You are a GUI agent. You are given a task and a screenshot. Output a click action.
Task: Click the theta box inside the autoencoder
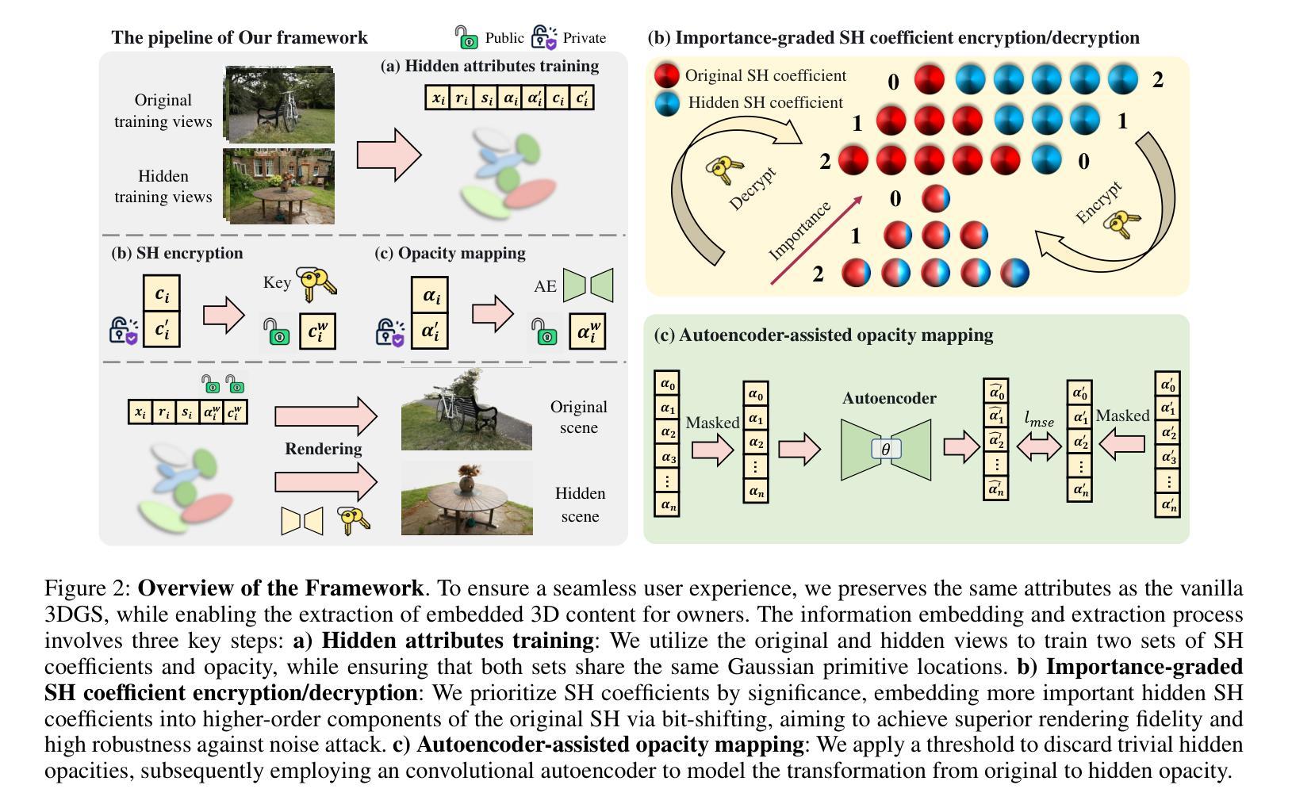pos(886,450)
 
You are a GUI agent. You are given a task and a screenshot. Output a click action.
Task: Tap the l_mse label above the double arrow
pos(1039,420)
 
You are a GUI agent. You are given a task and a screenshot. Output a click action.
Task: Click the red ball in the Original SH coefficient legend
pos(666,76)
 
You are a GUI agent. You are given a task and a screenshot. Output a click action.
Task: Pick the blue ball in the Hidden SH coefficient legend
pos(667,104)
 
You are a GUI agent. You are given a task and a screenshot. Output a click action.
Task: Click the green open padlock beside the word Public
pos(466,37)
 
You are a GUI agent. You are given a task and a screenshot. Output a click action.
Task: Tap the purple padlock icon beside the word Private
pos(544,37)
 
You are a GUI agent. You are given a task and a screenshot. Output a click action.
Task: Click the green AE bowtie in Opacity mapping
pos(588,285)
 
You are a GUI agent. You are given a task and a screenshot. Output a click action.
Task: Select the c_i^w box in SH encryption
pos(317,331)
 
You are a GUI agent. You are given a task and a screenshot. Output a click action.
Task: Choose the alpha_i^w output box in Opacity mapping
pos(587,331)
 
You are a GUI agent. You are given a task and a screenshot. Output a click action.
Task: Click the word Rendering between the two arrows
pos(323,449)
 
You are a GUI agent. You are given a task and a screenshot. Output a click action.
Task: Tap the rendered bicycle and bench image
pos(466,408)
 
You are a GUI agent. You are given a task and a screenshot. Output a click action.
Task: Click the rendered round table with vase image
pos(466,498)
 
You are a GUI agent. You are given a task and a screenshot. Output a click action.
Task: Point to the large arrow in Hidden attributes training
pos(389,155)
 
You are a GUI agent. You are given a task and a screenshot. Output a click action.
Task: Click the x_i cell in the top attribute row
pos(437,98)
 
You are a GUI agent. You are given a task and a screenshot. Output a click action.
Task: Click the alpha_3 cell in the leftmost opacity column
pos(667,458)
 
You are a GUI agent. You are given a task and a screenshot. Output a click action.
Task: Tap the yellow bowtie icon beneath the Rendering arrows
pos(302,521)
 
